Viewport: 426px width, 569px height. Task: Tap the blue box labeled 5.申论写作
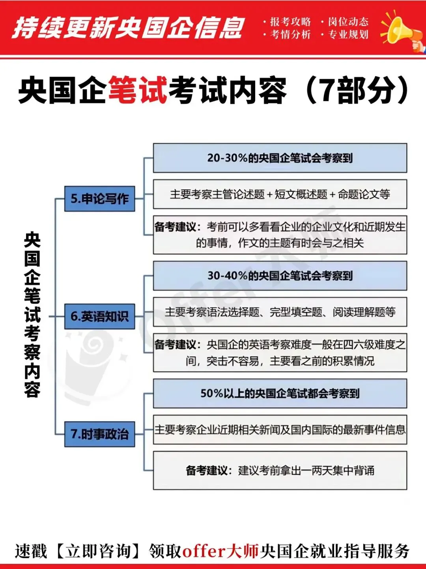pyautogui.click(x=100, y=198)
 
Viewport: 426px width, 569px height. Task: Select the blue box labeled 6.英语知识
pyautogui.click(x=100, y=316)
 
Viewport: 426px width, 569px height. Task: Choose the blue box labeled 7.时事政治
pyautogui.click(x=100, y=434)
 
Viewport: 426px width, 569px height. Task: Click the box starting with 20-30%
pyautogui.click(x=280, y=158)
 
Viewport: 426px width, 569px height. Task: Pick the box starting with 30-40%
pyautogui.click(x=280, y=276)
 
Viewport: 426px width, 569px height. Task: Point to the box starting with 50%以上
pyautogui.click(x=280, y=393)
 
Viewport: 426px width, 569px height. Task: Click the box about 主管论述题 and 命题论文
pyautogui.click(x=280, y=194)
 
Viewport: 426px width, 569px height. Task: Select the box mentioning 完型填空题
pyautogui.click(x=280, y=312)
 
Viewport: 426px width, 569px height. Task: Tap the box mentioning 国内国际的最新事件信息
pyautogui.click(x=280, y=429)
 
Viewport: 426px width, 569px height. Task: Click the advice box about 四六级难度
pyautogui.click(x=280, y=353)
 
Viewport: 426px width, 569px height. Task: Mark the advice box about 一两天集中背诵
pyautogui.click(x=280, y=470)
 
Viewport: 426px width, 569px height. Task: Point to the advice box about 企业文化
pyautogui.click(x=280, y=235)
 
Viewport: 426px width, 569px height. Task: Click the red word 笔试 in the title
pyautogui.click(x=138, y=91)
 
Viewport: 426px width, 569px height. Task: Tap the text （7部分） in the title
pyautogui.click(x=357, y=91)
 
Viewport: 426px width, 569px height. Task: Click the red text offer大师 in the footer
pyautogui.click(x=220, y=551)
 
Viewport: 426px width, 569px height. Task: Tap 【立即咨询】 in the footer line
pyautogui.click(x=98, y=551)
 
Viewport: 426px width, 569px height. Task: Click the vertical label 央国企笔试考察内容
pyautogui.click(x=32, y=315)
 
